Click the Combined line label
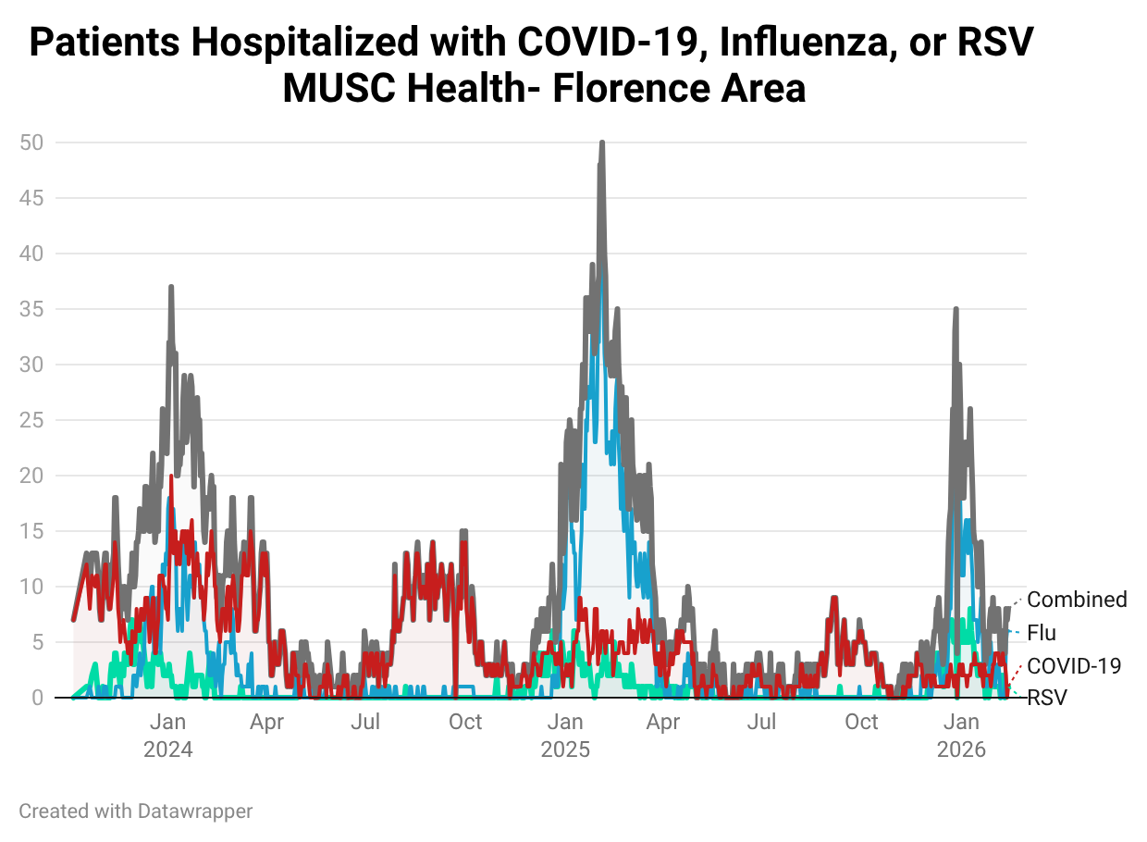point(1077,600)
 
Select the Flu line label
point(1042,633)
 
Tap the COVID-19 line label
point(1074,665)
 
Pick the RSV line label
point(1047,698)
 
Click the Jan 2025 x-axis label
point(565,736)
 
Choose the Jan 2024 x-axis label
point(168,736)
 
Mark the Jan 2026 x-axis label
point(962,736)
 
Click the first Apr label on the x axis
point(267,722)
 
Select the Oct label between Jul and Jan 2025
point(465,722)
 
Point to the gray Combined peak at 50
point(602,143)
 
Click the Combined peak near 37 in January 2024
point(171,288)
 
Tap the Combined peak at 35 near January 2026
point(956,310)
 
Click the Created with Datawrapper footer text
point(136,811)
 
